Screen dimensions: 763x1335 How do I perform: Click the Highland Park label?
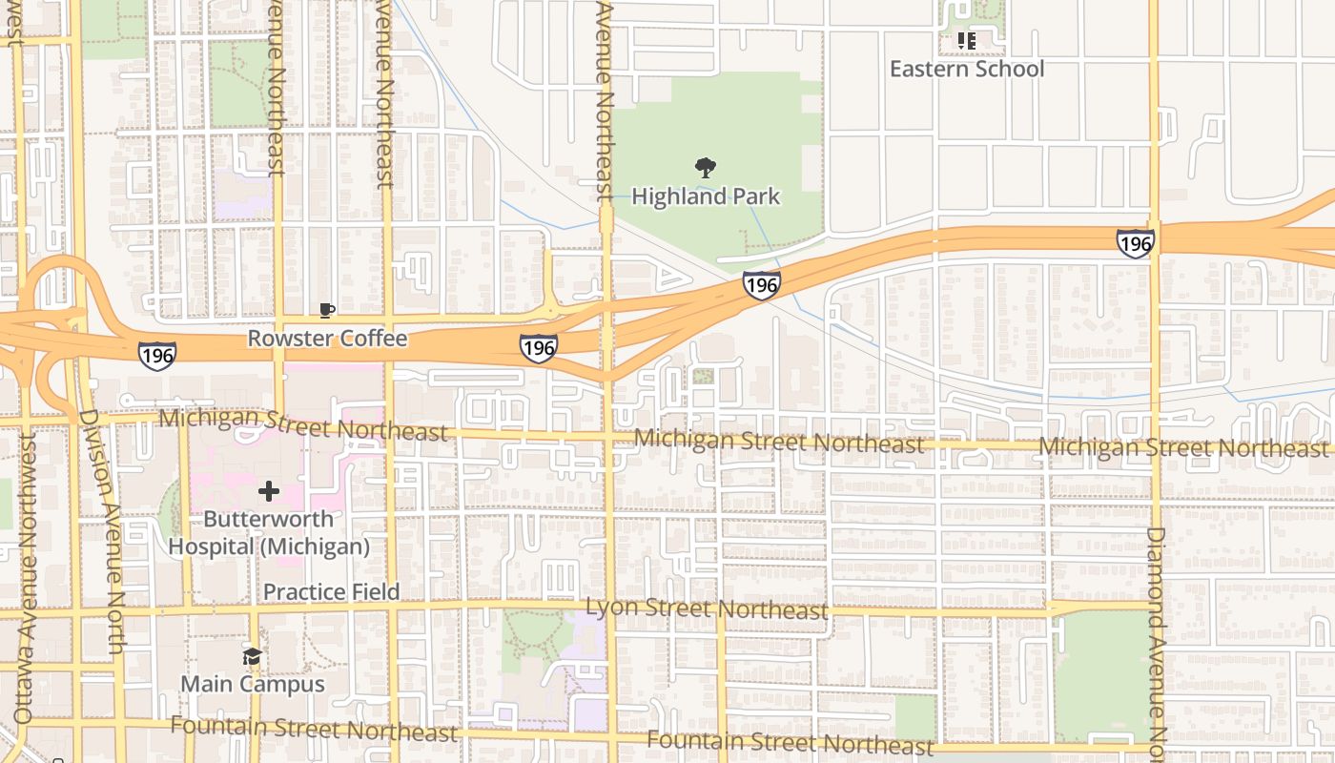tap(706, 196)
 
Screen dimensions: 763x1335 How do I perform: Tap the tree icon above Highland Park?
tap(706, 169)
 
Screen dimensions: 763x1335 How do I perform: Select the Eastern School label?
tap(967, 69)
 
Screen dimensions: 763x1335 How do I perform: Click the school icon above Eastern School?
tap(967, 41)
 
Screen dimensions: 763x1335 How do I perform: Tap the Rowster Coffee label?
tap(327, 339)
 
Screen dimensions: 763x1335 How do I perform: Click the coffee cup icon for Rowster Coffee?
tap(326, 311)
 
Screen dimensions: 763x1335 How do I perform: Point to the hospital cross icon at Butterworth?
tap(269, 491)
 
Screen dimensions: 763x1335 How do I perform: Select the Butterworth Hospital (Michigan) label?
tap(269, 533)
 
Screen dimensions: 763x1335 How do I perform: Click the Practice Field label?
tap(331, 591)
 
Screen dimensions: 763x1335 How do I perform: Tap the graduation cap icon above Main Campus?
tap(252, 657)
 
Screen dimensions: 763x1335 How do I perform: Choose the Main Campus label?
tap(252, 684)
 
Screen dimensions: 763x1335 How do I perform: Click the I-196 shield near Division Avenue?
tap(156, 356)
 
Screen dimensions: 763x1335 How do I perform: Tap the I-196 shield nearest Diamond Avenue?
tap(1135, 243)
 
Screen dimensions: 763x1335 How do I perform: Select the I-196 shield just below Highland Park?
tap(762, 285)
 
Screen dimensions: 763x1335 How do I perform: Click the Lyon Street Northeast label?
tap(707, 608)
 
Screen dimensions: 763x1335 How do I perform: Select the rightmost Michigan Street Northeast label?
tap(1182, 447)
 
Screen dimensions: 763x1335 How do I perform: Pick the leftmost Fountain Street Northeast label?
tap(314, 730)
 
